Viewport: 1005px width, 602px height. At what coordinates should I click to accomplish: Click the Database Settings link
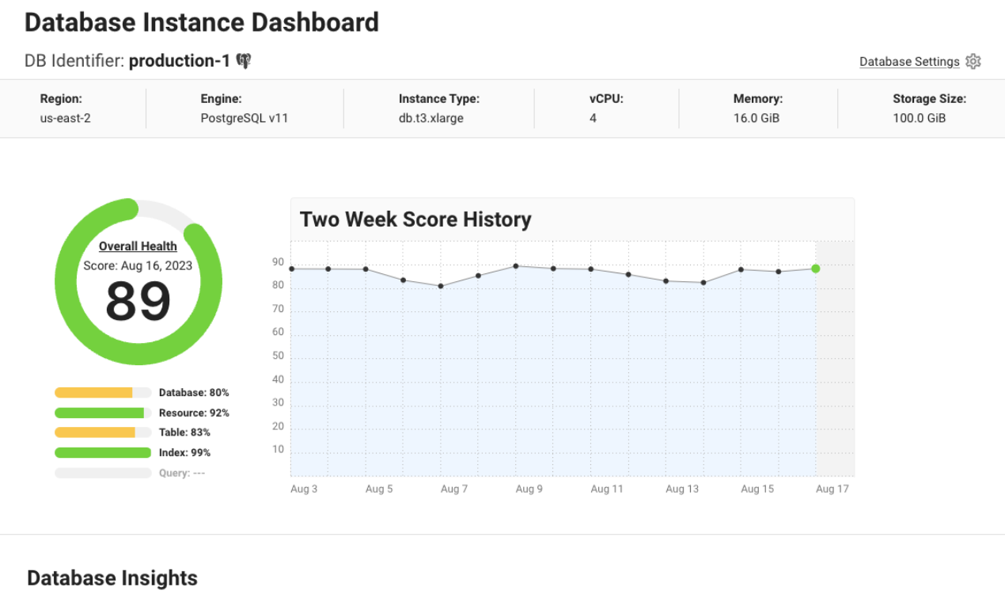click(x=909, y=62)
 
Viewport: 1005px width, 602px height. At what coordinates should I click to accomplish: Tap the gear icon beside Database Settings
click(x=973, y=62)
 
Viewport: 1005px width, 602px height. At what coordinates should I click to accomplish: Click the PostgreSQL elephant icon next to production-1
click(x=244, y=61)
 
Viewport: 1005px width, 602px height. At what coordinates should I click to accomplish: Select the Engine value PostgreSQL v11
click(x=243, y=118)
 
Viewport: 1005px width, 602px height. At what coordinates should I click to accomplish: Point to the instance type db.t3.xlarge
click(x=430, y=118)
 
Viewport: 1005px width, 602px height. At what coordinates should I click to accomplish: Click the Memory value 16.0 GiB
click(x=757, y=118)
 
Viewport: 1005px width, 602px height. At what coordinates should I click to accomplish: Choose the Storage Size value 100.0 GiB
click(x=919, y=118)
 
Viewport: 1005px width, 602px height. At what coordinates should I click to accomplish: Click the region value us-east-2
click(x=65, y=118)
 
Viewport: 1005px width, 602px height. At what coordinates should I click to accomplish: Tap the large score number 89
click(x=138, y=301)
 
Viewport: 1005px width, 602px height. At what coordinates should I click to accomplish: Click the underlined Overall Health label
click(x=138, y=246)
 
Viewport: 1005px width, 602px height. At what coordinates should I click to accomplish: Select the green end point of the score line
click(x=815, y=269)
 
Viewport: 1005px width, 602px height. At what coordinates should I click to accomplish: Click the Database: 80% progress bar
click(x=103, y=393)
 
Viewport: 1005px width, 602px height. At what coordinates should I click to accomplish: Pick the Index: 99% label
click(x=184, y=453)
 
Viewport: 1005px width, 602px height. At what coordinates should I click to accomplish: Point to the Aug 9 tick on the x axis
click(x=529, y=489)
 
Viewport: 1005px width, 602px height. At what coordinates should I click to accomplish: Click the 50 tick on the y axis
click(x=278, y=356)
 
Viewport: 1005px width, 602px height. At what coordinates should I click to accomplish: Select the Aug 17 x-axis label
click(x=832, y=489)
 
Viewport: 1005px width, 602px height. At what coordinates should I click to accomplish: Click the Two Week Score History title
click(x=415, y=219)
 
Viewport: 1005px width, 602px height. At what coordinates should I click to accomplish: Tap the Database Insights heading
click(x=112, y=578)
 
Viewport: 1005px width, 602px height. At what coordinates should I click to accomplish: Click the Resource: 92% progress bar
click(x=103, y=413)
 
